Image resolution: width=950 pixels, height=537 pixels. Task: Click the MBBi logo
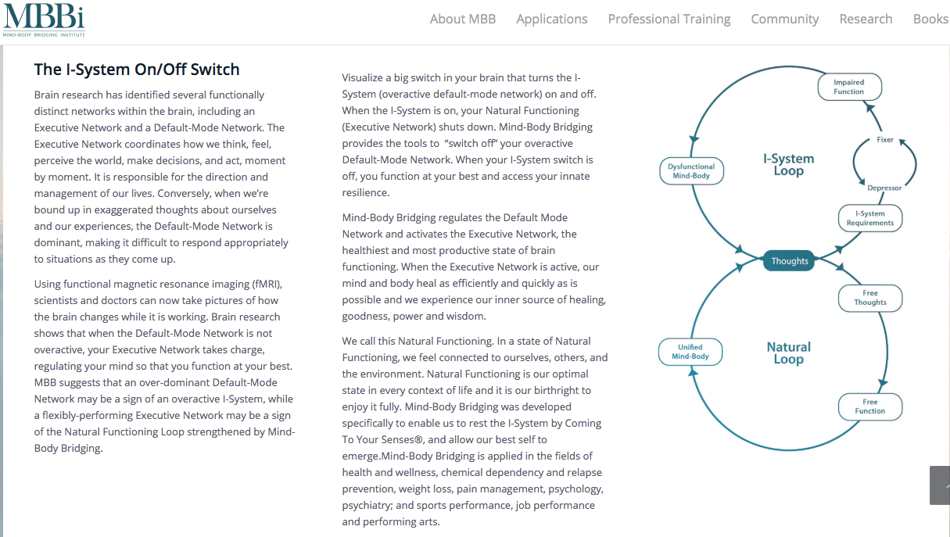43,20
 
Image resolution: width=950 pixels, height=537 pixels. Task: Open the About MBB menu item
463,19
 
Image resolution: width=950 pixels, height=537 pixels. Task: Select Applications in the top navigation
551,19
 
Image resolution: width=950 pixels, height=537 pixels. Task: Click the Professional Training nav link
669,19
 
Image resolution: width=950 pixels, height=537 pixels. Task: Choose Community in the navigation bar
784,19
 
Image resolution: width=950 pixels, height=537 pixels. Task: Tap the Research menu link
866,19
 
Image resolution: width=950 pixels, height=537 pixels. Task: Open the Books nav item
930,19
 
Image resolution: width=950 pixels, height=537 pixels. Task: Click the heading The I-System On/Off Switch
137,70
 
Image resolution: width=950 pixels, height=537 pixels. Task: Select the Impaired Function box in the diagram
848,87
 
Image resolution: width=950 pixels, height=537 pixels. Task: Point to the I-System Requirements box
869,218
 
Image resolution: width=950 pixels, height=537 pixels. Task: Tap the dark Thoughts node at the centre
790,261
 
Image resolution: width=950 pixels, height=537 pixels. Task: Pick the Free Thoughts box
870,298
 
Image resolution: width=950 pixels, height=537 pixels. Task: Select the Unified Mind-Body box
690,352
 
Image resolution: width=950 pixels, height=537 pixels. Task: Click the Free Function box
869,406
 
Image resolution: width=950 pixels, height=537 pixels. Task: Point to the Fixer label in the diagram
885,141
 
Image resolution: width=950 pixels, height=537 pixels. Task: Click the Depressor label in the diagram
884,188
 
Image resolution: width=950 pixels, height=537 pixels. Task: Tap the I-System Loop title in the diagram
788,165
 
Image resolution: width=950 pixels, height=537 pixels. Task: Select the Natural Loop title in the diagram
788,353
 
